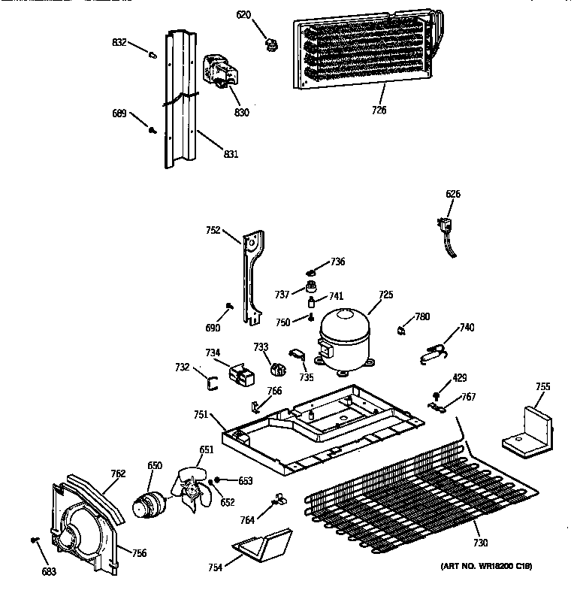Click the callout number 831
[x=231, y=155]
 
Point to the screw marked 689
[x=153, y=129]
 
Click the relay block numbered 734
[x=240, y=373]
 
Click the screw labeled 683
[x=35, y=540]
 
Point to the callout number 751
[x=200, y=414]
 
